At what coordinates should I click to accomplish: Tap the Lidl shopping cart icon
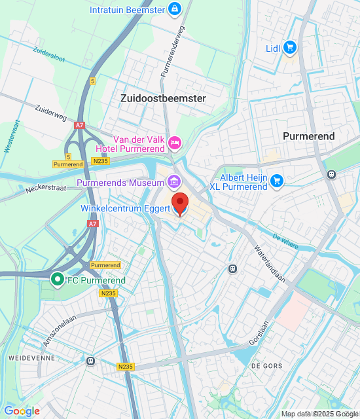pyautogui.click(x=291, y=47)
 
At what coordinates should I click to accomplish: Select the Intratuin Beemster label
pyautogui.click(x=128, y=9)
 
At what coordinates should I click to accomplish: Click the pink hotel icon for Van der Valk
pyautogui.click(x=175, y=142)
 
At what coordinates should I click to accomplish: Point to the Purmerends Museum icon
pyautogui.click(x=173, y=181)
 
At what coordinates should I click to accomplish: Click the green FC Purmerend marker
pyautogui.click(x=58, y=280)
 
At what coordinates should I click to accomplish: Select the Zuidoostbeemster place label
pyautogui.click(x=163, y=98)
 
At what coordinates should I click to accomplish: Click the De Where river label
pyautogui.click(x=285, y=242)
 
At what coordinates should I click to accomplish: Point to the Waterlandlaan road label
pyautogui.click(x=268, y=265)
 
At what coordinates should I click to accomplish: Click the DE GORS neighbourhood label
pyautogui.click(x=265, y=365)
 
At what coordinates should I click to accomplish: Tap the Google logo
pyautogui.click(x=22, y=411)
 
